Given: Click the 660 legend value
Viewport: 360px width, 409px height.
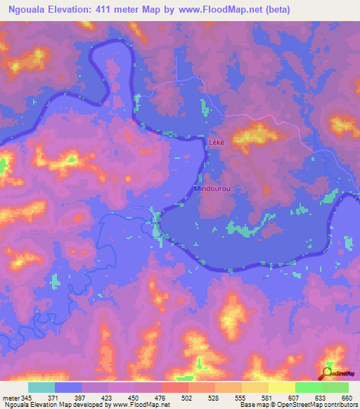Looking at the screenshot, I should coord(346,398).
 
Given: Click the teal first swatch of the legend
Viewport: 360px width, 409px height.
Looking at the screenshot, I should coord(41,387).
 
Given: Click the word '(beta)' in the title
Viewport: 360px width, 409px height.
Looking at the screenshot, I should coord(276,10).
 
